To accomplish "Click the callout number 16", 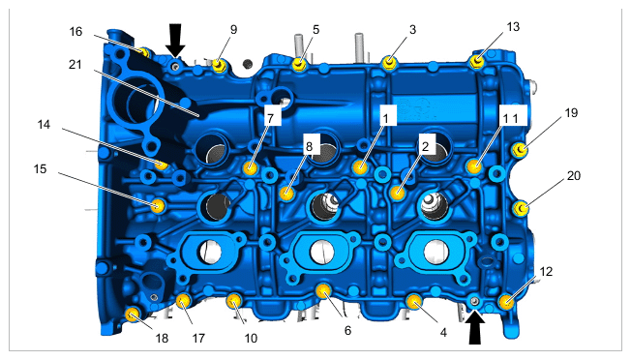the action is tap(75, 31).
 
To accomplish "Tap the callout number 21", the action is tap(75, 65).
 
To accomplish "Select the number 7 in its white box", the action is tap(270, 117).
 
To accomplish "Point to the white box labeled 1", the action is tap(385, 118).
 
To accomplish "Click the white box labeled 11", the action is tap(510, 118).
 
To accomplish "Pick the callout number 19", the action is tap(571, 113).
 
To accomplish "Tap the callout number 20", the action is tap(574, 176).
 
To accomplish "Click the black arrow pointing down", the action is tap(175, 40).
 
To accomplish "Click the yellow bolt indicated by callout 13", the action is tap(477, 62).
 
